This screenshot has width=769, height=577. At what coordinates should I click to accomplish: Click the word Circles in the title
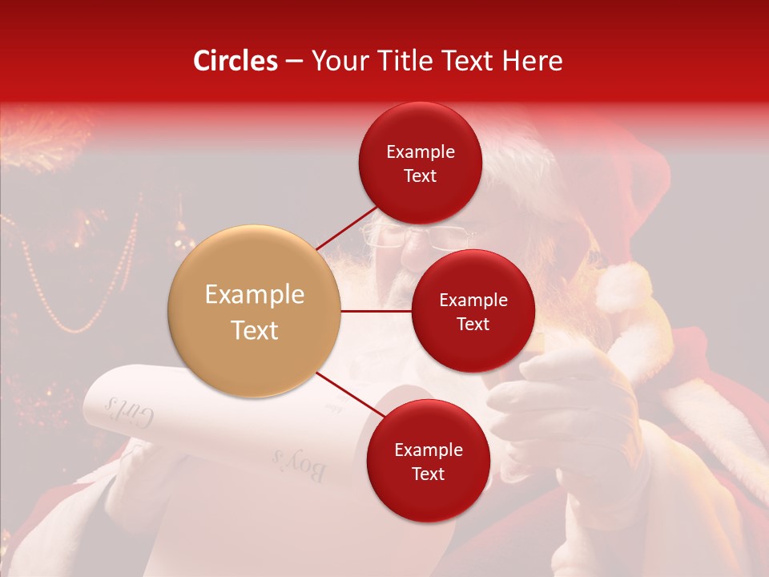click(x=236, y=61)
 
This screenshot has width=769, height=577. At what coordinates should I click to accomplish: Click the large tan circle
click(x=254, y=311)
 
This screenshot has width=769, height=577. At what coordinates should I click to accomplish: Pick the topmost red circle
click(x=420, y=163)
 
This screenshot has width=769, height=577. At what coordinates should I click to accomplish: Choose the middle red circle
click(x=473, y=311)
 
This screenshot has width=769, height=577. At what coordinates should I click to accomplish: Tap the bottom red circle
click(x=428, y=461)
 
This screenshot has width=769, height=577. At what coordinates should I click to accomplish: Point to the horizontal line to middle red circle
click(x=376, y=311)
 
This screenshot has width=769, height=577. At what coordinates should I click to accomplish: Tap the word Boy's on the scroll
click(x=299, y=464)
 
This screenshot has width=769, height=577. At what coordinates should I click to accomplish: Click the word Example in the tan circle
click(x=254, y=295)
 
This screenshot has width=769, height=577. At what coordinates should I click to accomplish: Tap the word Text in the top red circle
click(x=420, y=176)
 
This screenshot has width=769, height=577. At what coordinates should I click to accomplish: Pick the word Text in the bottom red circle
click(x=428, y=474)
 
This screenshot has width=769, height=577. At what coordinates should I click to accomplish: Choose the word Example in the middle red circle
click(x=473, y=300)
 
